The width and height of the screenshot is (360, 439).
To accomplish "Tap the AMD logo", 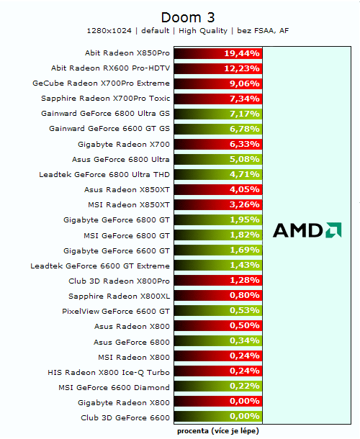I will coord(307,230).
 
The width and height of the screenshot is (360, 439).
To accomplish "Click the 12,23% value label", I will coord(242,68).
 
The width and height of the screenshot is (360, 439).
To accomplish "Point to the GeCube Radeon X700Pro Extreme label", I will coord(101,83).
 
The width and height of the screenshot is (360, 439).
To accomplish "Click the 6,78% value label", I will coord(243,129).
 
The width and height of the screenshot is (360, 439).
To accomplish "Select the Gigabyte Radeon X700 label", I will coord(123,144).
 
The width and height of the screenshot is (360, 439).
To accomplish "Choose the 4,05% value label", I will coord(243,190).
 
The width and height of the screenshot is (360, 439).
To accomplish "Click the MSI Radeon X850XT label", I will coord(128,204).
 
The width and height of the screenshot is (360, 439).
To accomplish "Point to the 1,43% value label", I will coord(243,266).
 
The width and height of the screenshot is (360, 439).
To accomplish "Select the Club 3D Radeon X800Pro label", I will coord(119,281).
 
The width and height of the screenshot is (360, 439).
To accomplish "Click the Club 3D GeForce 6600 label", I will coord(125,417).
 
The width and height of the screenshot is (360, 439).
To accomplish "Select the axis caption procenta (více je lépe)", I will coord(217,431).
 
